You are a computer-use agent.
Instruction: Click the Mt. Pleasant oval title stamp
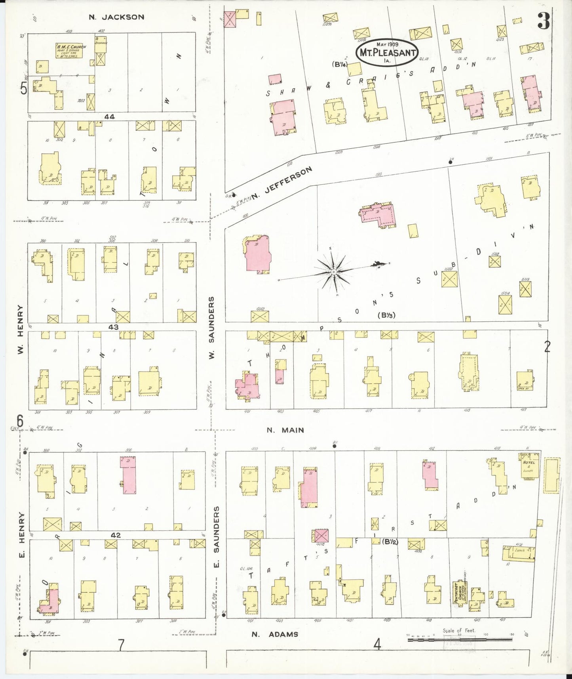(387, 52)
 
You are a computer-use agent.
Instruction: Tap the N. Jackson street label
(116, 17)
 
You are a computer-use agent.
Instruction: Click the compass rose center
(333, 272)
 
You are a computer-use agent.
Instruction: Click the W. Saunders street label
(211, 328)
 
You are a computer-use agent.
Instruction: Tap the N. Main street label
(285, 430)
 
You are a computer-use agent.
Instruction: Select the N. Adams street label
(275, 634)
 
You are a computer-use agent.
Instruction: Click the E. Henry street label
(22, 535)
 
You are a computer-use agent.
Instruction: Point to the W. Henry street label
(21, 329)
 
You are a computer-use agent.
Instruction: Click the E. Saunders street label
(216, 536)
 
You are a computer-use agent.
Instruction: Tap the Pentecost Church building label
(459, 593)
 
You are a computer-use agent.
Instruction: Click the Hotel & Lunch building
(528, 466)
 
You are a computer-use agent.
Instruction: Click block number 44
(110, 117)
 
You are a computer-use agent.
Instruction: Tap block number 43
(114, 327)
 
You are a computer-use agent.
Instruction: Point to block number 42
(116, 535)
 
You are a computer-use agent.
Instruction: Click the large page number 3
(543, 22)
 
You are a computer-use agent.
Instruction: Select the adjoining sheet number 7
(121, 645)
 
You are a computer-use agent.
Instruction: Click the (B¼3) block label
(386, 315)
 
